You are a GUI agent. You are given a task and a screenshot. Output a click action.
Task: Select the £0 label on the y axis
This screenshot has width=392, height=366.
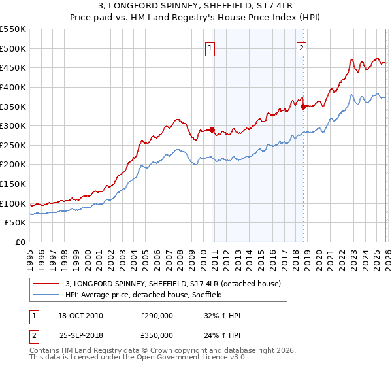pos(20,242)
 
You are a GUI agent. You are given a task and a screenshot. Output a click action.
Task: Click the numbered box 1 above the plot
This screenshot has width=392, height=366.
pos(210,47)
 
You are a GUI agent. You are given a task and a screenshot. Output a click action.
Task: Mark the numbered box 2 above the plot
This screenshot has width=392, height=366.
pos(301,47)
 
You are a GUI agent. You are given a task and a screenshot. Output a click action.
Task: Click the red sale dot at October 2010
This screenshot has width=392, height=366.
pos(212,129)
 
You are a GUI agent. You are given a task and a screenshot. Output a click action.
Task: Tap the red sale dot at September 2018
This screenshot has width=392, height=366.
pos(303,107)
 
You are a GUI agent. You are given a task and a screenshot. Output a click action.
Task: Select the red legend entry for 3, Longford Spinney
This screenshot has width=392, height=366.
pos(173,284)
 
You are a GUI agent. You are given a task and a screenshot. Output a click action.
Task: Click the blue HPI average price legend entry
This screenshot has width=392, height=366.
pos(144,295)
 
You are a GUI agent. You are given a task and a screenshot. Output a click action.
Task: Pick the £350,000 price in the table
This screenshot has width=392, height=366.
pos(157,335)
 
